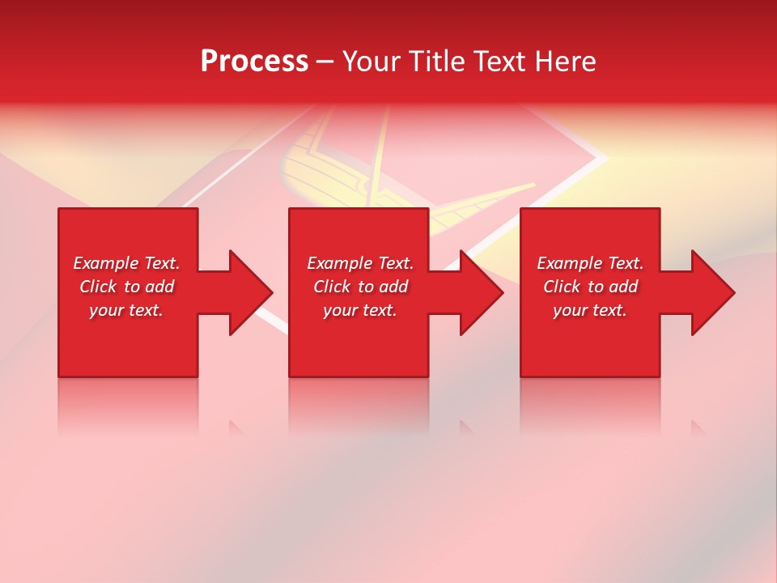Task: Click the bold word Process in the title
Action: (254, 62)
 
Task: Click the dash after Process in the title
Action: (325, 63)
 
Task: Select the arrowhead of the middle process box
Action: (480, 292)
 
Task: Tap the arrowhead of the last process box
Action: (711, 292)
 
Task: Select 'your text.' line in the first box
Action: (126, 310)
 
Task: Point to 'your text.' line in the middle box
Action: (359, 310)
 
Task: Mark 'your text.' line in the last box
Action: (590, 310)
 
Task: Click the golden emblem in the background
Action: (324, 162)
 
